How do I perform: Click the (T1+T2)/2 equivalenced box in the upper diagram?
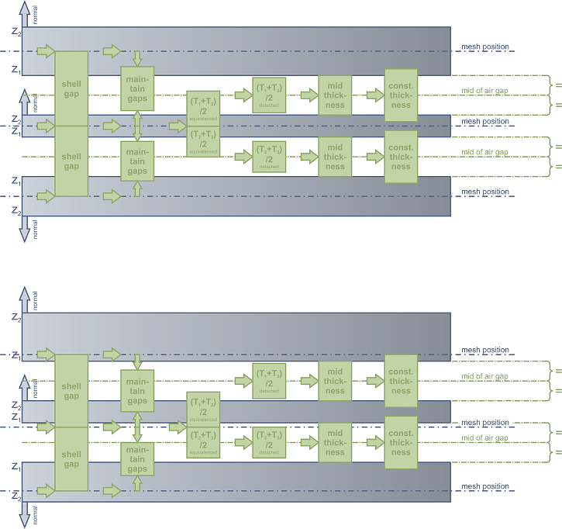pyautogui.click(x=203, y=108)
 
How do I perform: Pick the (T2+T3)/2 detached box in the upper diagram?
pyautogui.click(x=269, y=156)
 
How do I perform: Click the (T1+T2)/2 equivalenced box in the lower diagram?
pyautogui.click(x=203, y=409)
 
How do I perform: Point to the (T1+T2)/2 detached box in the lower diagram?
pyautogui.click(x=269, y=381)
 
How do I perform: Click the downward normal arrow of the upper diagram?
pyautogui.click(x=24, y=229)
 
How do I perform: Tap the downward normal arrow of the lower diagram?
pyautogui.click(x=24, y=514)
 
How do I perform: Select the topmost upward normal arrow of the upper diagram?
pyautogui.click(x=24, y=13)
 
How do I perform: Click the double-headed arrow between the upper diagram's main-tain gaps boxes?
pyautogui.click(x=137, y=124)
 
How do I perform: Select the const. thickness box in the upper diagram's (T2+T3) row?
pyautogui.click(x=401, y=156)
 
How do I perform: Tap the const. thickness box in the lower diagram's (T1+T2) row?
pyautogui.click(x=401, y=381)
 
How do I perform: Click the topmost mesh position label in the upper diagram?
pyautogui.click(x=485, y=47)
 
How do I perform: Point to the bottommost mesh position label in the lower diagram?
pyautogui.click(x=485, y=486)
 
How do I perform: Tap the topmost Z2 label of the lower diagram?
pyautogui.click(x=16, y=318)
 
